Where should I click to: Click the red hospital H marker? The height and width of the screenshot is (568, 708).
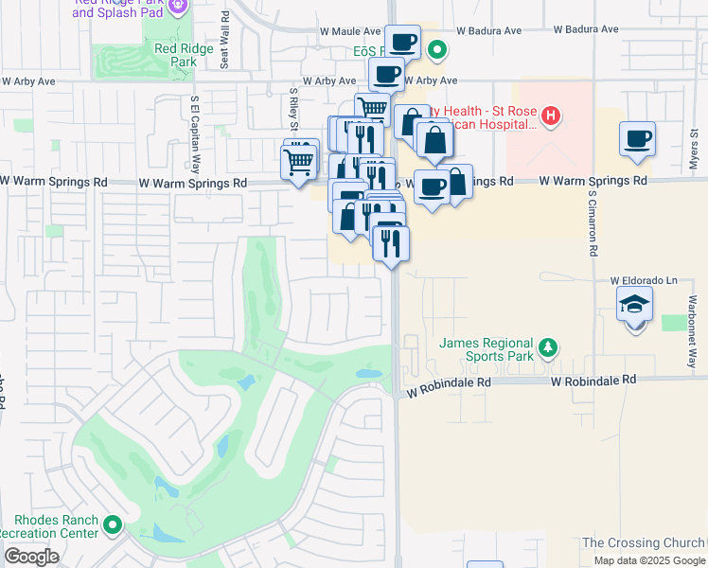pyautogui.click(x=550, y=117)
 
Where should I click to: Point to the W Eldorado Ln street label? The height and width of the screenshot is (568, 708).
pyautogui.click(x=645, y=280)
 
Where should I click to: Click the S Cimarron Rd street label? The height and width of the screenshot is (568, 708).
pyautogui.click(x=593, y=222)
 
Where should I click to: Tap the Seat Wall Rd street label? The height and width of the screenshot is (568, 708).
pyautogui.click(x=224, y=41)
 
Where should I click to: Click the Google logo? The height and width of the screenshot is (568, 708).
pyautogui.click(x=31, y=557)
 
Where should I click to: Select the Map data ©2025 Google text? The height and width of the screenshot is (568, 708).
pyautogui.click(x=648, y=560)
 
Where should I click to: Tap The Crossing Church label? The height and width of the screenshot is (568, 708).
pyautogui.click(x=643, y=542)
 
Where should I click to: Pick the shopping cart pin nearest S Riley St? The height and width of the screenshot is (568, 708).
pyautogui.click(x=299, y=161)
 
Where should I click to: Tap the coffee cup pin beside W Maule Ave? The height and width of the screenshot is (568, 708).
pyautogui.click(x=403, y=42)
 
